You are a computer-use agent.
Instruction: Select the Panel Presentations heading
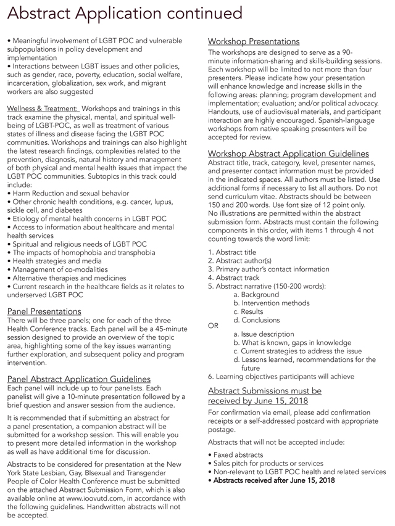click(44, 311)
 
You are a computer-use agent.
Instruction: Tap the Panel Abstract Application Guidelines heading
click(78, 378)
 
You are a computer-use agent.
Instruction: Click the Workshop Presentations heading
click(254, 41)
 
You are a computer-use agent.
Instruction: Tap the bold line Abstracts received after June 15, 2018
click(272, 480)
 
